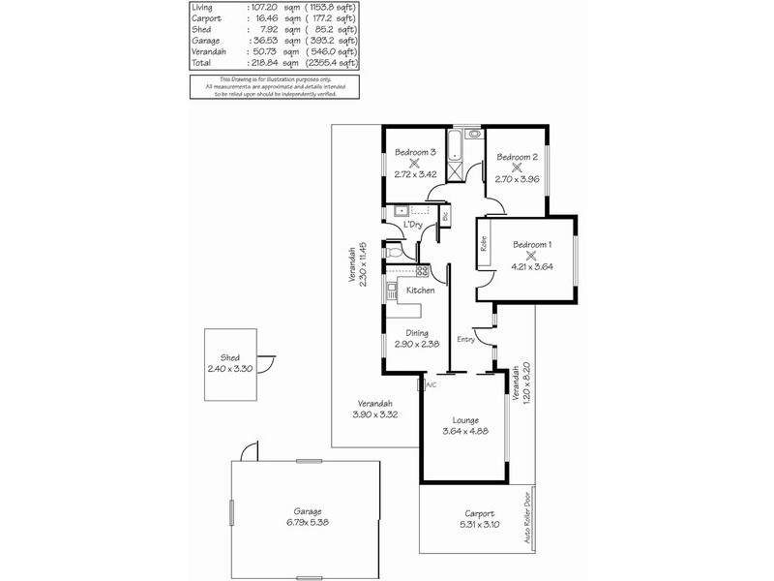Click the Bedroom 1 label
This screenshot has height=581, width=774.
(533, 245)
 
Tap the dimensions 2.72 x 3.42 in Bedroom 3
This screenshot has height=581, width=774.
(415, 175)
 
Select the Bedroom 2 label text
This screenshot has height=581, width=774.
(517, 157)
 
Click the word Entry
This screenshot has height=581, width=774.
(465, 339)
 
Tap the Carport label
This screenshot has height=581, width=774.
(479, 514)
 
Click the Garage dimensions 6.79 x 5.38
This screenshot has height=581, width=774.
(308, 522)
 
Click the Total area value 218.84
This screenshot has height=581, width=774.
(264, 62)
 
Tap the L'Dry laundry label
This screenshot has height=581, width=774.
(413, 225)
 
